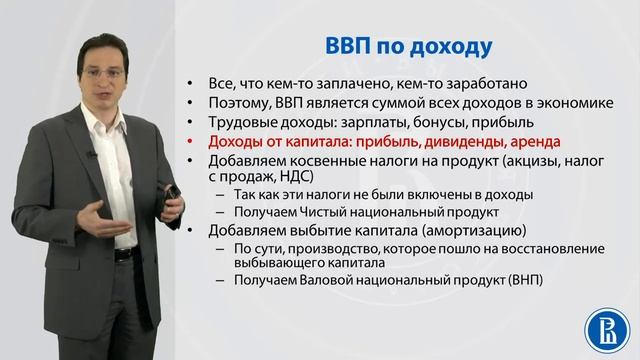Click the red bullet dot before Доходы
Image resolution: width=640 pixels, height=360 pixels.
[x=197, y=142]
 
